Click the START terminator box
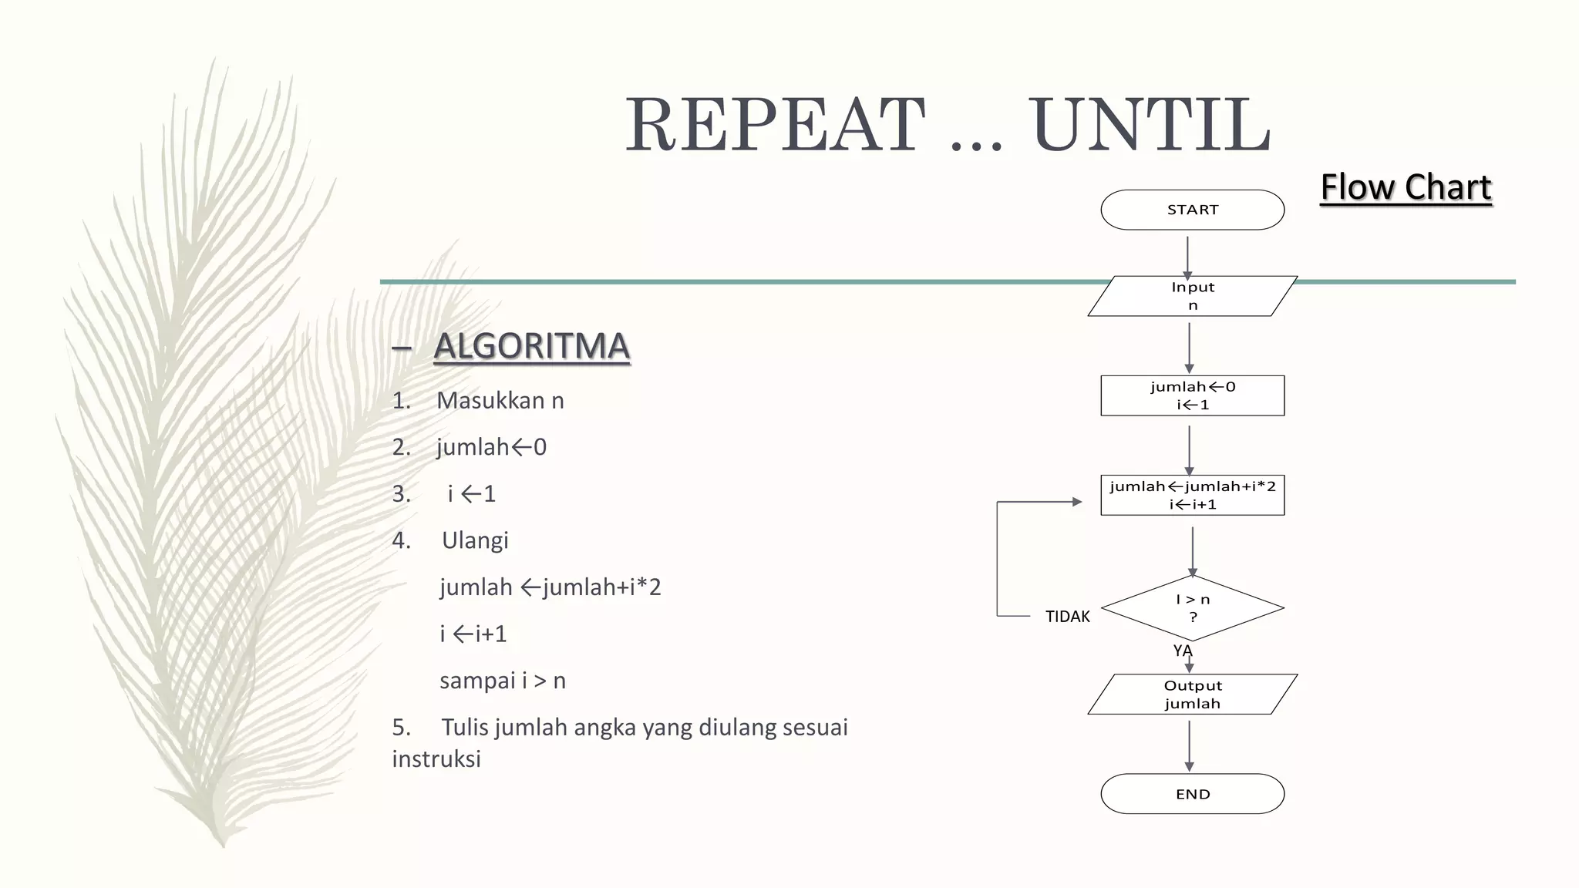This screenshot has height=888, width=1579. [x=1192, y=210]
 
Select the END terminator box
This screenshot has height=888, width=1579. [x=1192, y=794]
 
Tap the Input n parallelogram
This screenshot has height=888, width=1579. [x=1192, y=296]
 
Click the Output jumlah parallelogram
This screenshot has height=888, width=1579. [x=1192, y=695]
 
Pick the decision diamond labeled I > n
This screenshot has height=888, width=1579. [x=1192, y=608]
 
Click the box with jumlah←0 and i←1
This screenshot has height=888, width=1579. [x=1192, y=395]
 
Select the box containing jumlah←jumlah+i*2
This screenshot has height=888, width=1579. [x=1192, y=495]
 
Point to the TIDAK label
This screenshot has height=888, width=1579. [x=1067, y=617]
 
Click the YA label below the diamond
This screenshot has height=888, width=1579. [x=1182, y=651]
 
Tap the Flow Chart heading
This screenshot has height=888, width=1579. [x=1406, y=187]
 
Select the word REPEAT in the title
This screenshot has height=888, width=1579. [x=775, y=125]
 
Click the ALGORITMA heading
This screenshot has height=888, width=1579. [x=531, y=346]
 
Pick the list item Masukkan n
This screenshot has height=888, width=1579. [x=500, y=401]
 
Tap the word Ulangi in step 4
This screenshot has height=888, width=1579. [x=475, y=540]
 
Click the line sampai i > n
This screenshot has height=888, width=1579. [x=502, y=681]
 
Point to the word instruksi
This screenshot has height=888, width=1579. [x=436, y=759]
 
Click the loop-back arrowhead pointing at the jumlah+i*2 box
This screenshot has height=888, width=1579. [x=1077, y=502]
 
